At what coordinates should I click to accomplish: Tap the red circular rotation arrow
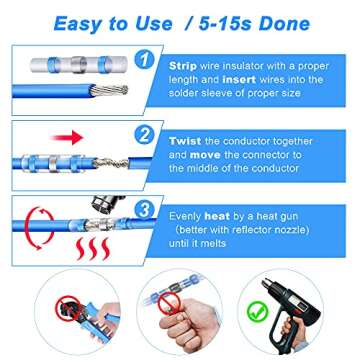click(x=31, y=222)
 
